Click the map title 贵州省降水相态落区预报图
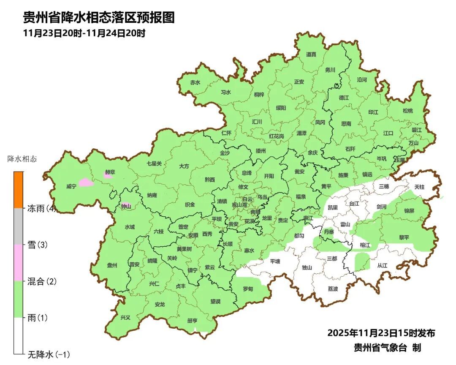[98, 17]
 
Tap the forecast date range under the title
[84, 33]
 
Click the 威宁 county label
[71, 186]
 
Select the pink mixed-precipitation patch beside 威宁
[86, 182]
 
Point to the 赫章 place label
[110, 172]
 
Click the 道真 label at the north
[311, 54]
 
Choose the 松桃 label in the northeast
[407, 111]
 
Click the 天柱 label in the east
[419, 186]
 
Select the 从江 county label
[382, 266]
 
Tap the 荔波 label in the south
[333, 289]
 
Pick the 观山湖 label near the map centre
[242, 204]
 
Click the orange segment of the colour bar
[18, 190]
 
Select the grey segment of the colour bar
[18, 226]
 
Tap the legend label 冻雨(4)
[42, 208]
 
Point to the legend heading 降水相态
[22, 159]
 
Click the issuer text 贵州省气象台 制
[387, 348]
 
